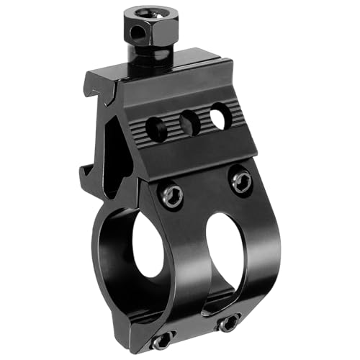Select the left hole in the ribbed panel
click(155, 127)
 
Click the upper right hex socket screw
click(241, 180)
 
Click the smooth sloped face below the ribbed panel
click(202, 162)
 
